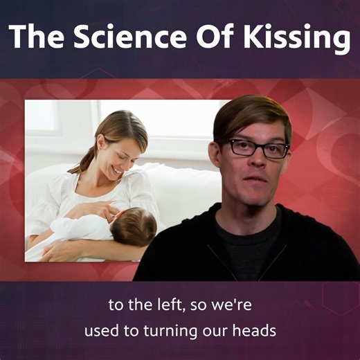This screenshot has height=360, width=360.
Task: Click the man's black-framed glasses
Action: [258, 147]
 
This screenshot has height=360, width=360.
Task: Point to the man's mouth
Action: [258, 185]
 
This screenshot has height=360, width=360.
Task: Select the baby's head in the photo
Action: [136, 228]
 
